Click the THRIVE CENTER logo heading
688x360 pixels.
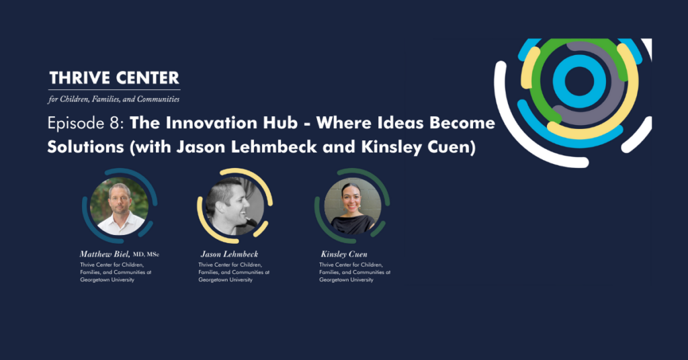pyautogui.click(x=114, y=78)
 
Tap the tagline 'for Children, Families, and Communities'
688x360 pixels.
pyautogui.click(x=114, y=99)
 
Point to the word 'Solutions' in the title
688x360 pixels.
pyautogui.click(x=85, y=147)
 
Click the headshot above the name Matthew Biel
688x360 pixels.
pyautogui.click(x=120, y=206)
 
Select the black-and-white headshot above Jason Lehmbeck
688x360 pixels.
pyautogui.click(x=234, y=206)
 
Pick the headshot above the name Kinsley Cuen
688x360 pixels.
pyautogui.click(x=353, y=206)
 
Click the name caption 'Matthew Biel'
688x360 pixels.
pyautogui.click(x=105, y=254)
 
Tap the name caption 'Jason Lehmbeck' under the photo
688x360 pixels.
pyautogui.click(x=230, y=254)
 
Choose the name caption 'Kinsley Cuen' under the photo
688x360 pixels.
pyautogui.click(x=344, y=254)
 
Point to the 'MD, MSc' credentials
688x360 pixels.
pyautogui.click(x=146, y=255)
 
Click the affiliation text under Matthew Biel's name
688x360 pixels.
pyautogui.click(x=116, y=272)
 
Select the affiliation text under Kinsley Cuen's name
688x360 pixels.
pyautogui.click(x=355, y=272)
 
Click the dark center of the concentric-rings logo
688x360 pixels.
pyautogui.click(x=579, y=81)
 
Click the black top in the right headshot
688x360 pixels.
pyautogui.click(x=353, y=224)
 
